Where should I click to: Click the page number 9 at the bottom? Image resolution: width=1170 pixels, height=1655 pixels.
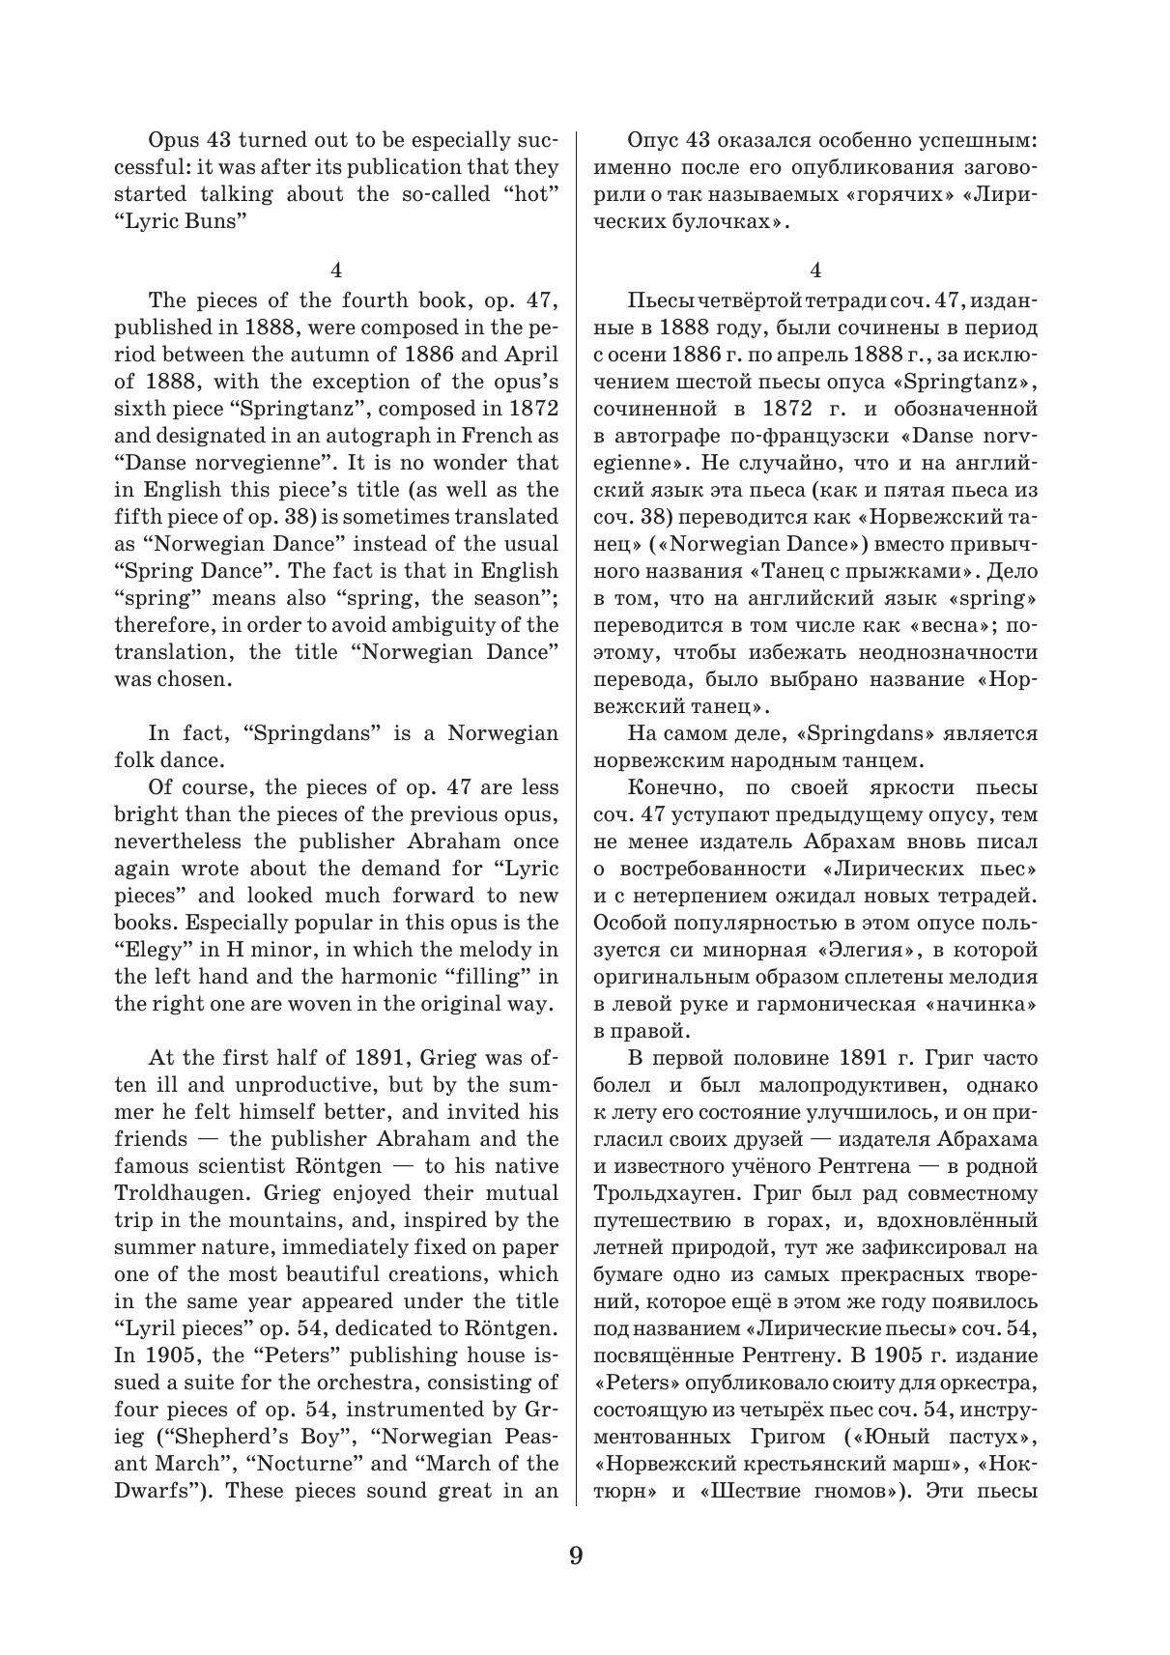[x=576, y=1555]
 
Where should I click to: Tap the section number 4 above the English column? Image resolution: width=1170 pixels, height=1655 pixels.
[x=336, y=271]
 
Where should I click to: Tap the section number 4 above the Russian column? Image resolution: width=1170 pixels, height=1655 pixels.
[x=816, y=271]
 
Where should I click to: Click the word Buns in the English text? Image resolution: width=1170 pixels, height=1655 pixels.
[x=213, y=221]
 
